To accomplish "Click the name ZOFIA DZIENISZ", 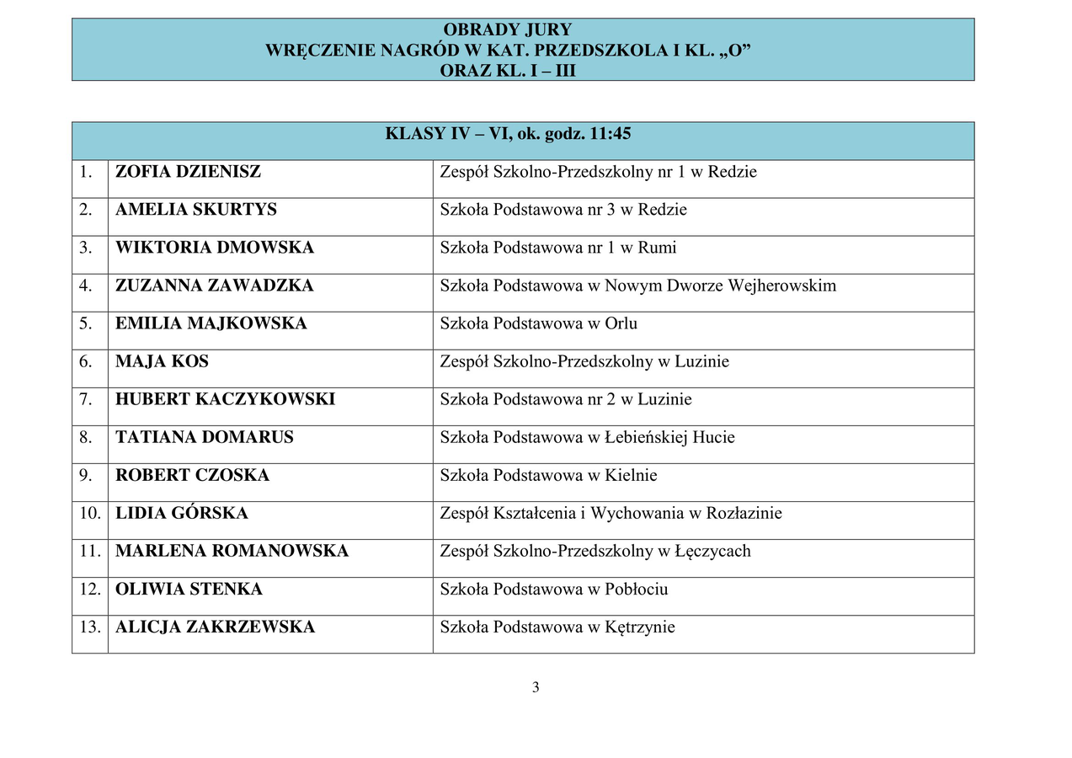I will pyautogui.click(x=188, y=172).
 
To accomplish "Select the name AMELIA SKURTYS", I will pyautogui.click(x=195, y=210).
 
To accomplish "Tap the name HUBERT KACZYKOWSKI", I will pyautogui.click(x=225, y=399).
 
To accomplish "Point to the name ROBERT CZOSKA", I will pyautogui.click(x=192, y=475).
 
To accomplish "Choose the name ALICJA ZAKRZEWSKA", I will pyautogui.click(x=215, y=627).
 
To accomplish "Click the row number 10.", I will pyautogui.click(x=89, y=513).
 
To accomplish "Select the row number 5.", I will pyautogui.click(x=86, y=323).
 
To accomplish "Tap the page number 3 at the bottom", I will pyautogui.click(x=536, y=687).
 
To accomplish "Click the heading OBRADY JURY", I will pyautogui.click(x=507, y=30).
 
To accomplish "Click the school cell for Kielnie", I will pyautogui.click(x=548, y=475).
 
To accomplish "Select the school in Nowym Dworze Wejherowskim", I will pyautogui.click(x=637, y=286).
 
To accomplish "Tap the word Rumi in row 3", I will pyautogui.click(x=657, y=248).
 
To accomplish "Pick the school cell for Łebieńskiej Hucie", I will pyautogui.click(x=587, y=437).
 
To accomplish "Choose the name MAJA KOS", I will pyautogui.click(x=162, y=361).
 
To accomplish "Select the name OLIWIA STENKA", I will pyautogui.click(x=189, y=589).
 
